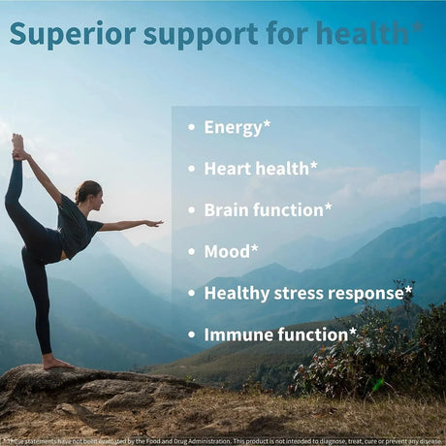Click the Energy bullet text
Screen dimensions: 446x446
coord(233,127)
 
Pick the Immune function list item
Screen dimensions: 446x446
coord(275,334)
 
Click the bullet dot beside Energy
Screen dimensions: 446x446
coord(189,128)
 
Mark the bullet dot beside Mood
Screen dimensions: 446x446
coord(189,252)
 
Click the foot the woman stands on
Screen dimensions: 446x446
coord(54,363)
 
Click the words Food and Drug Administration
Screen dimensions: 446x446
coord(174,438)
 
